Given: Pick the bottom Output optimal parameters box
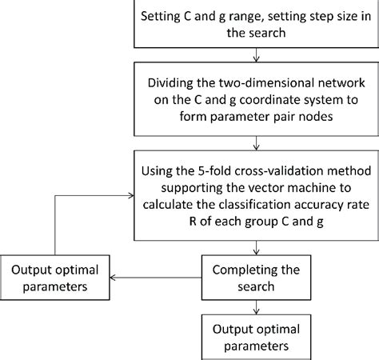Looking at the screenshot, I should click(254, 337).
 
